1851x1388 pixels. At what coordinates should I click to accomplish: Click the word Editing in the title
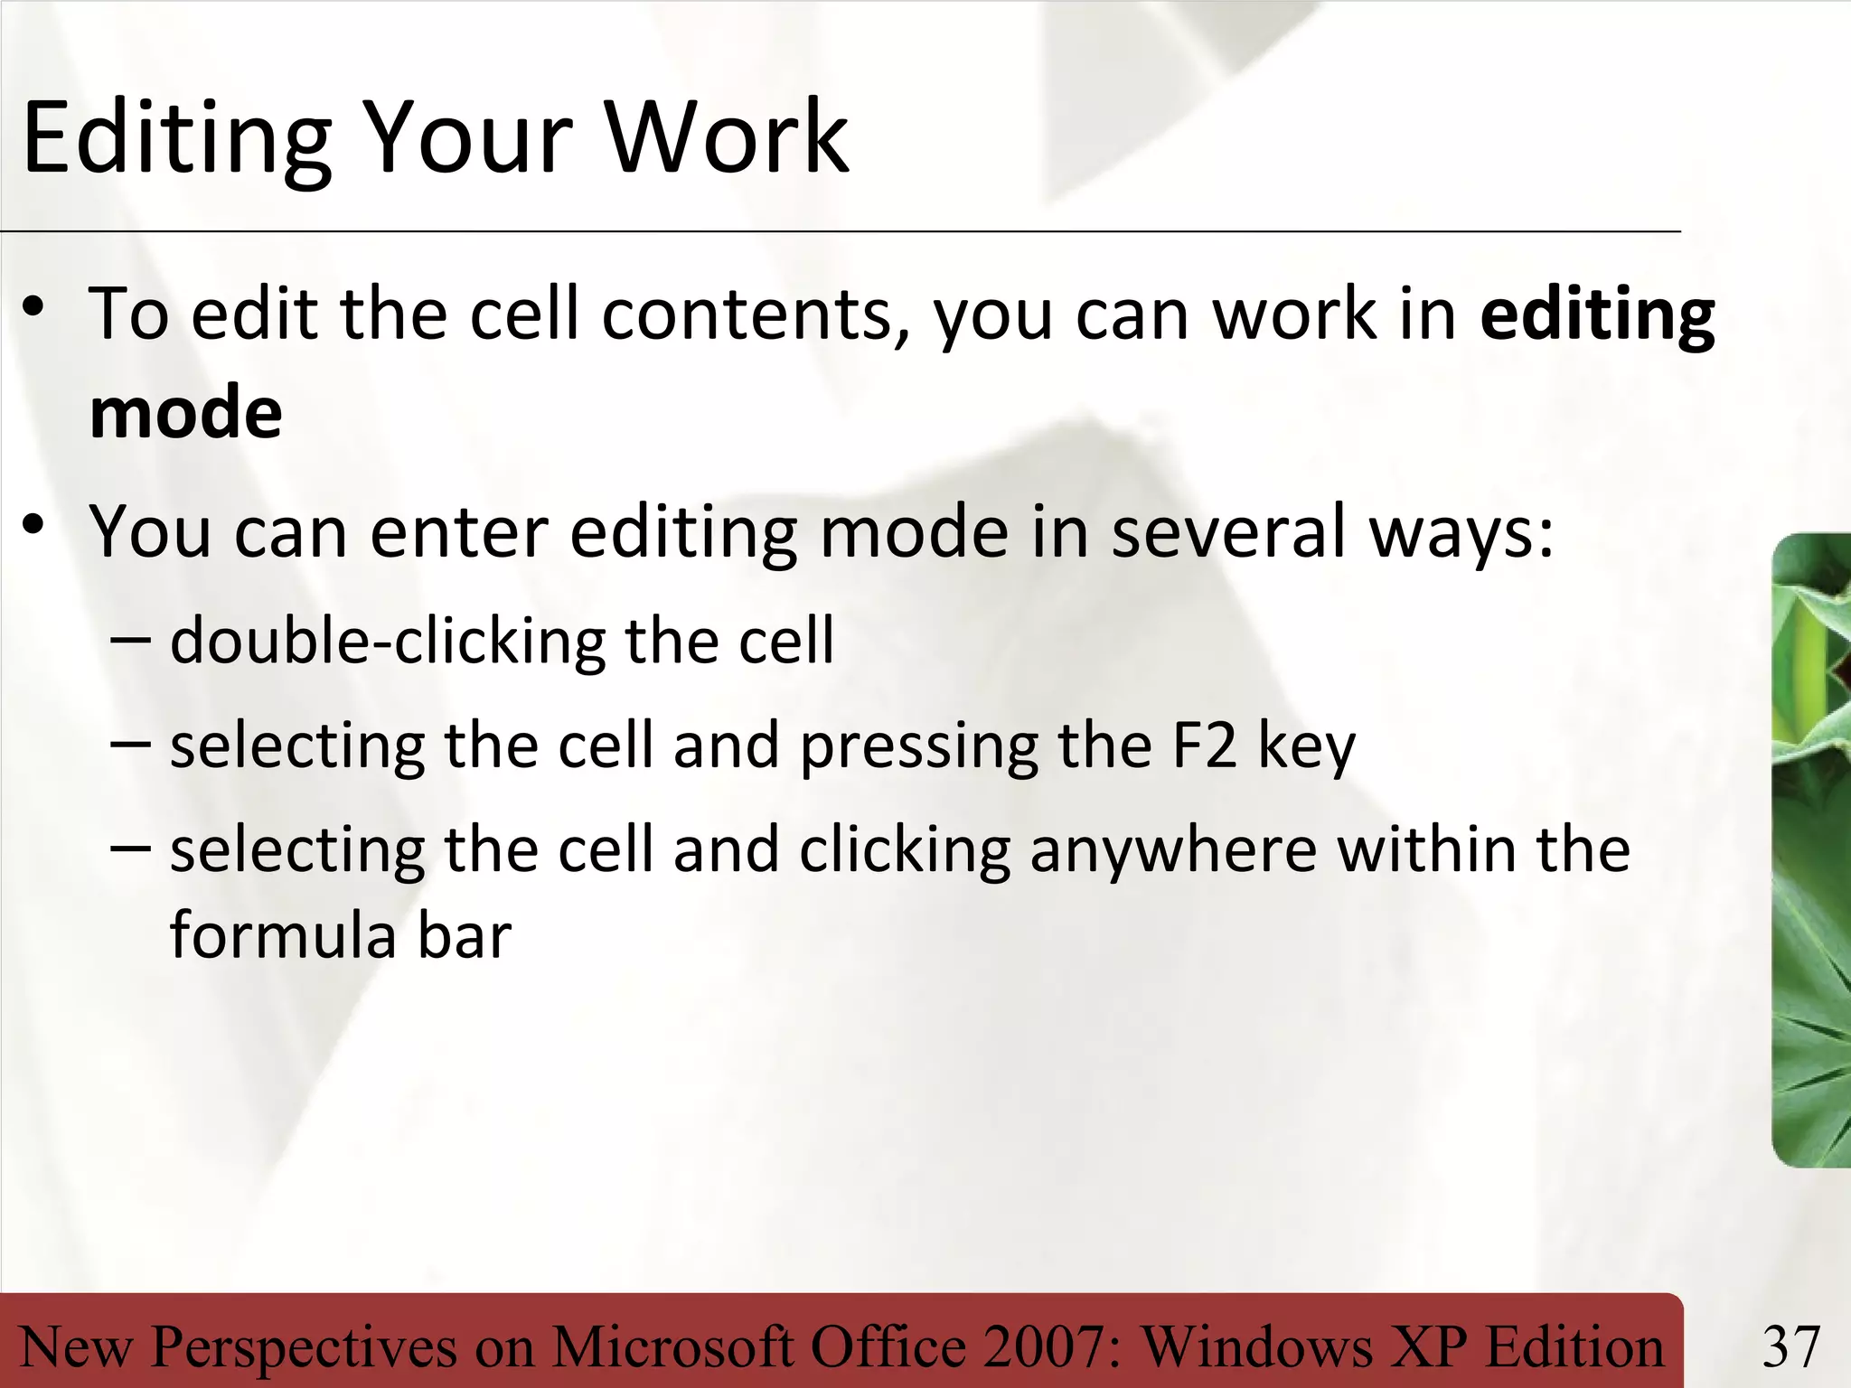177,138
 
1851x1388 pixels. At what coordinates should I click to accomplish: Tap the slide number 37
1790,1346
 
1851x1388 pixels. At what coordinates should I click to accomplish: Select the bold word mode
186,412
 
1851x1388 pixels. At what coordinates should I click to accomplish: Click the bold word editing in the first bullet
1597,315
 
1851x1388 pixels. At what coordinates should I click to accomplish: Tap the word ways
1461,533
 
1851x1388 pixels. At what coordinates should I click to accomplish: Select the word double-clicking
388,641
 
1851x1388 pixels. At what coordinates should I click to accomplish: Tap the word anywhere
1173,851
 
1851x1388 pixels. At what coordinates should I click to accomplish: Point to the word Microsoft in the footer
672,1346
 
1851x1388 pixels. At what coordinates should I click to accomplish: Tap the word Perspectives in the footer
304,1346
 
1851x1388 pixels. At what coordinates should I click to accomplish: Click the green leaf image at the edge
1811,849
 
